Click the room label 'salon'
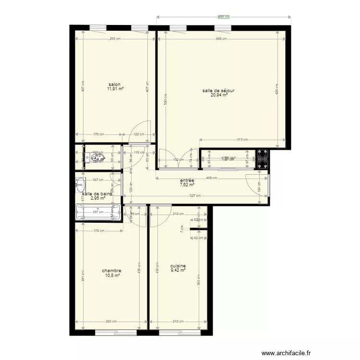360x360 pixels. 115,84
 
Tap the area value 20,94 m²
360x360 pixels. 218,95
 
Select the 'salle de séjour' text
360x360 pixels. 218,90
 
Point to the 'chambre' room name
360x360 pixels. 111,270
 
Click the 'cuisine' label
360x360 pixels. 178,266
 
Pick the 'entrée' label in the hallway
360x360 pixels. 187,180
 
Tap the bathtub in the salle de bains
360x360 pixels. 98,212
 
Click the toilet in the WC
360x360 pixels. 88,156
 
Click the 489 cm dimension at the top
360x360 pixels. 224,17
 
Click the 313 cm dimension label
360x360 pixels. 242,140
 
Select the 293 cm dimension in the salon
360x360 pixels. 115,39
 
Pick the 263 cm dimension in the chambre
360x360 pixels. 111,322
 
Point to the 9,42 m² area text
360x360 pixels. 178,271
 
